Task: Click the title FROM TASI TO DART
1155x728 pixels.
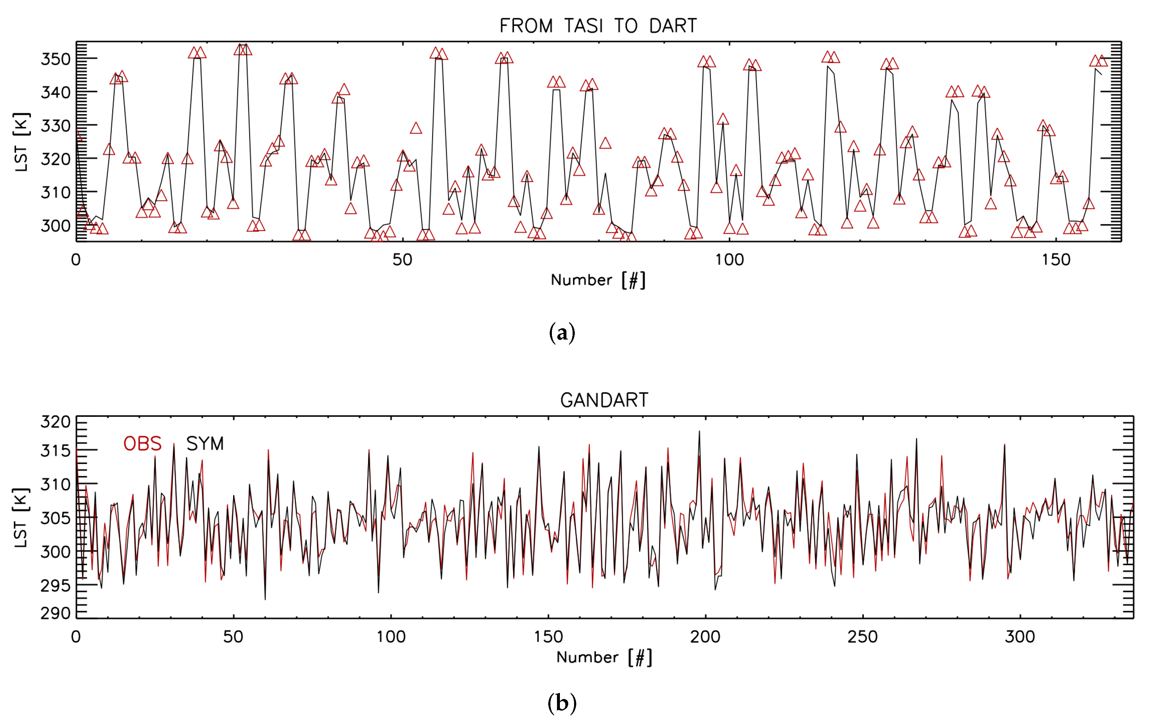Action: pos(598,26)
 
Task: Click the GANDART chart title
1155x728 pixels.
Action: pos(604,400)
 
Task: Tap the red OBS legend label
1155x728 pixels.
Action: pos(142,444)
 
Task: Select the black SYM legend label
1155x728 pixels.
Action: pos(205,444)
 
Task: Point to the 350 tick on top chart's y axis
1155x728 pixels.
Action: pos(56,59)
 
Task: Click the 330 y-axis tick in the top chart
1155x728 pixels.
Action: pos(56,126)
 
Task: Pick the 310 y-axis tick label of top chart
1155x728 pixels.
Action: pos(56,193)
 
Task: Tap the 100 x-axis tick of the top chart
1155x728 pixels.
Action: pos(729,260)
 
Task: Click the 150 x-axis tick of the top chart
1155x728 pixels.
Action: pos(1056,260)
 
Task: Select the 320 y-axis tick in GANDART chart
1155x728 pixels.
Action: pos(56,422)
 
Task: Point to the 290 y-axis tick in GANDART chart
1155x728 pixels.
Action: pos(56,613)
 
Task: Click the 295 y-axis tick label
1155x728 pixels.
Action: pos(56,585)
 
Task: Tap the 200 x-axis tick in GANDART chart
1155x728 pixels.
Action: pos(705,637)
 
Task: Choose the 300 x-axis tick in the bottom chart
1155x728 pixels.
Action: pos(1020,637)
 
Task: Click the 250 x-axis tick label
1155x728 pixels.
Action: pos(862,637)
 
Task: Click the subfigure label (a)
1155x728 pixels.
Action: pos(562,333)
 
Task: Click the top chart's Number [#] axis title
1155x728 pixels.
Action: pos(598,280)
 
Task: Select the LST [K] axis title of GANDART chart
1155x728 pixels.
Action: pos(21,518)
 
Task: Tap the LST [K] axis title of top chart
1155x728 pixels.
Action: pos(21,142)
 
